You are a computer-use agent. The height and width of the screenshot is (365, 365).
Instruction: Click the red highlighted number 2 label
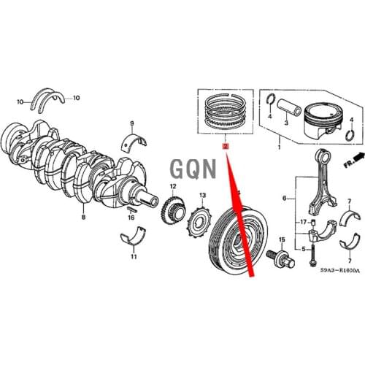click(226, 147)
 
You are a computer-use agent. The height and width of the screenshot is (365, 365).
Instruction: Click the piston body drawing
click(326, 117)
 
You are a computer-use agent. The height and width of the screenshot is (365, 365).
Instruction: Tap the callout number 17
click(302, 220)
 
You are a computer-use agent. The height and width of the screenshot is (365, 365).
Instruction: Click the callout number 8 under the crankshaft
click(82, 218)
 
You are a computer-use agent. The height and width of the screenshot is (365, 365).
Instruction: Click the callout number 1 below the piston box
click(279, 148)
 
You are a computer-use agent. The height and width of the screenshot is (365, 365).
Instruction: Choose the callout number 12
click(173, 187)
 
